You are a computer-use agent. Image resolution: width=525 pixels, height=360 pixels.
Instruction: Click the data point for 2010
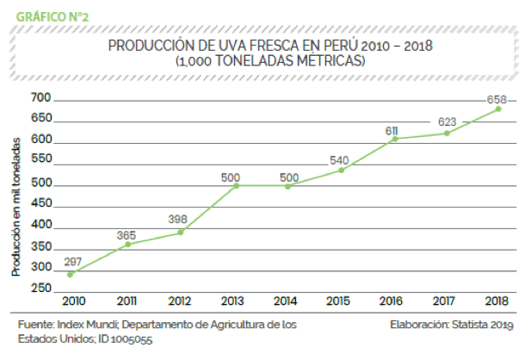coord(71,275)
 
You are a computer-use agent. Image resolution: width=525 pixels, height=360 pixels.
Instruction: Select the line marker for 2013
coord(235,185)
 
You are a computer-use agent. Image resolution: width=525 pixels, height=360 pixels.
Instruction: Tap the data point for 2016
coord(394,139)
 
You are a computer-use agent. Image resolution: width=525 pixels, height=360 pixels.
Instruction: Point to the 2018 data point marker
coord(499,109)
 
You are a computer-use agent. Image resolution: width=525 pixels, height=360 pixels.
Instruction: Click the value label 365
coord(125,233)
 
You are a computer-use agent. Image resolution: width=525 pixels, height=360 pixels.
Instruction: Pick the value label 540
coord(340,160)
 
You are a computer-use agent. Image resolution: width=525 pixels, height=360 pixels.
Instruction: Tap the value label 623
coord(445,121)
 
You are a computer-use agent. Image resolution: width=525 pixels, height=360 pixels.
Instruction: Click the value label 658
coord(497,99)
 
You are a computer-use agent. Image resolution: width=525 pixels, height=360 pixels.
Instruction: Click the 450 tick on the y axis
coord(40,204)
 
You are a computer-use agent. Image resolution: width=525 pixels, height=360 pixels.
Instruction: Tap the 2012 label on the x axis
coord(180,302)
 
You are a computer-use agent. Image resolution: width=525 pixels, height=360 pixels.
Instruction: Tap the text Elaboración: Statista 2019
coord(451,325)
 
